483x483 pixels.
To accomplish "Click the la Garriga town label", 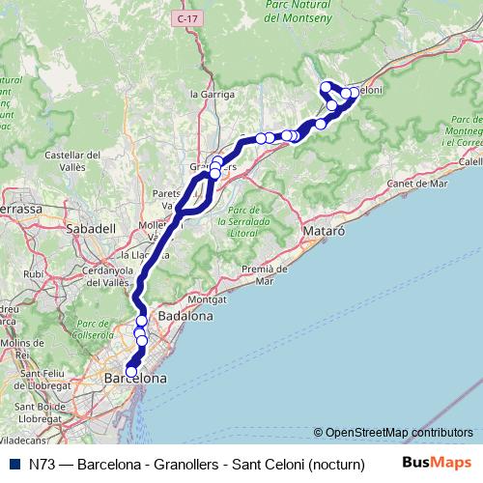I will tap(212, 94).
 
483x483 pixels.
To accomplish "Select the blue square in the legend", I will tap(12, 464).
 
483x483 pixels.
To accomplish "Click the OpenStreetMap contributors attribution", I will tap(398, 432).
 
